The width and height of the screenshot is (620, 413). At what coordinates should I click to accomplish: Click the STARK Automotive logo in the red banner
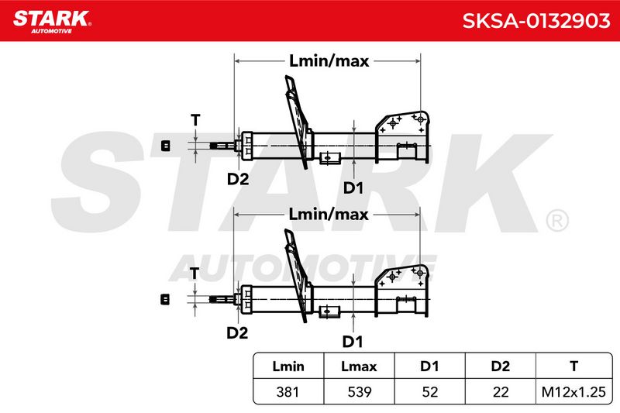click(x=52, y=22)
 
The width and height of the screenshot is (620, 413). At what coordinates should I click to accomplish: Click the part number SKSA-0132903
click(x=536, y=21)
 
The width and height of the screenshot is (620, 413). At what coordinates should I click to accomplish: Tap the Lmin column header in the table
click(x=288, y=367)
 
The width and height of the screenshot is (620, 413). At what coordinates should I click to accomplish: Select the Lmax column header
click(x=359, y=367)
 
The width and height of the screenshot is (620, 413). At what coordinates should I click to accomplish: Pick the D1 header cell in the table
click(x=429, y=367)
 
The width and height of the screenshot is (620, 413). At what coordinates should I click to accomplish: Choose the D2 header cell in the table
click(x=500, y=367)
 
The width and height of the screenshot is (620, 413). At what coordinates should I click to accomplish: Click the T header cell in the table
click(x=573, y=367)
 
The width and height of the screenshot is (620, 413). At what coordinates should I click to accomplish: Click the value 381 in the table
click(x=288, y=392)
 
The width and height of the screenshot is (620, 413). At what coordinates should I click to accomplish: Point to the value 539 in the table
click(x=360, y=392)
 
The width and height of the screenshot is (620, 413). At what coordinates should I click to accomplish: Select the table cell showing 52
click(x=430, y=392)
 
